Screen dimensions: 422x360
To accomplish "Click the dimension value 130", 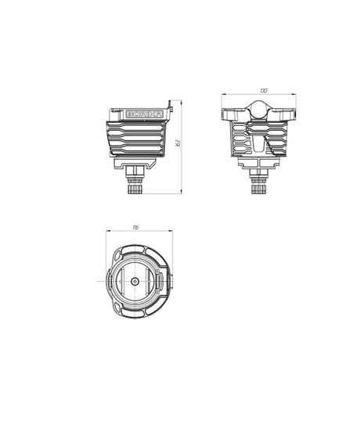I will coord(264,92).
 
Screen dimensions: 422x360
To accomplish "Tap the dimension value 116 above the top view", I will coord(136,228).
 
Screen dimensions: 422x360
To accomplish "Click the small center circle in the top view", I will coord(135,280).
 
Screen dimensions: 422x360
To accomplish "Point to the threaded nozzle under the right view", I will coord(258,186).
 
